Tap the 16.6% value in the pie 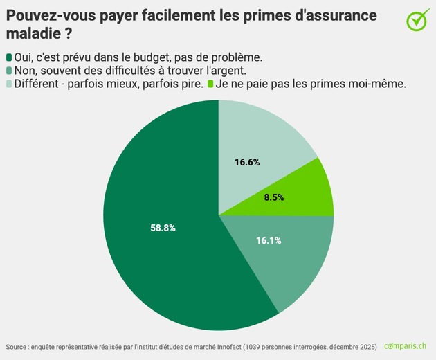[247, 163]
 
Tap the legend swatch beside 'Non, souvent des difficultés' [9, 70]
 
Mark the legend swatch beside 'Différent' [9, 84]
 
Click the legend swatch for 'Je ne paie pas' [210, 84]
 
